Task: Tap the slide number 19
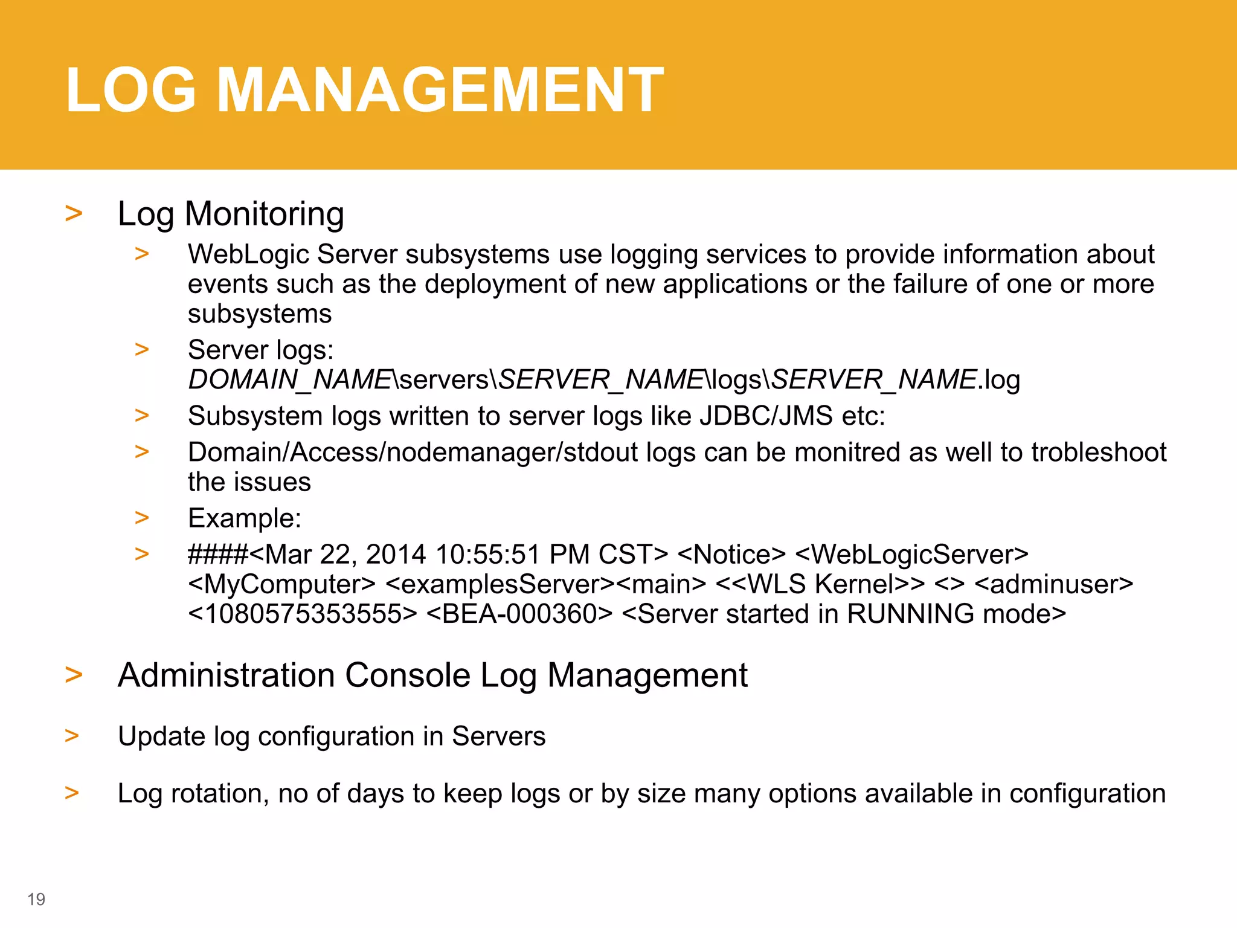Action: tap(36, 899)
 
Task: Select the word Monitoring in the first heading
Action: tap(264, 214)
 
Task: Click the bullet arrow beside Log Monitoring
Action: tap(74, 213)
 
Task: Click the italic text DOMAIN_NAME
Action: tap(291, 380)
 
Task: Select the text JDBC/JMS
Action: tap(766, 416)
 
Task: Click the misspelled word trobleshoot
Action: tap(1099, 453)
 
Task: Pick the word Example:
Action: tap(245, 518)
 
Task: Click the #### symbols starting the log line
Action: tap(217, 555)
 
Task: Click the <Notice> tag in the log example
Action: tap(731, 555)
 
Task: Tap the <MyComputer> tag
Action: tap(281, 584)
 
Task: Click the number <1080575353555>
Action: tap(303, 614)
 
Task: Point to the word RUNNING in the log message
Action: tap(910, 614)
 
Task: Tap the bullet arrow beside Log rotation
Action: tap(72, 792)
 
